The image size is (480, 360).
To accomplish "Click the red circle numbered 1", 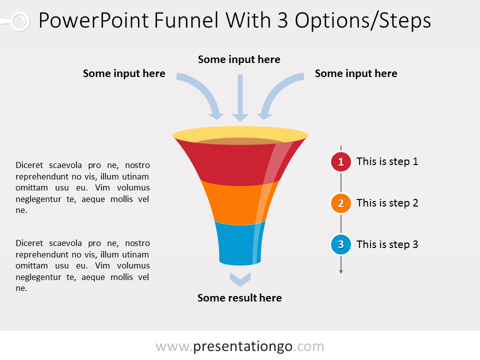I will coord(341,162).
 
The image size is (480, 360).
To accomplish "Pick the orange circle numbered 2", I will coord(341,203).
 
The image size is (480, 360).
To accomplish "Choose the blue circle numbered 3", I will coord(341,245).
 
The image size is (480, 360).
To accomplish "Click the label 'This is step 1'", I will coord(387,161).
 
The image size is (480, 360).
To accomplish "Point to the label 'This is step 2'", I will coord(387,203).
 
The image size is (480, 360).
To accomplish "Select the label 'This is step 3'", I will coord(387,244).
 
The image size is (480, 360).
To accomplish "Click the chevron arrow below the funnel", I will coord(240,279).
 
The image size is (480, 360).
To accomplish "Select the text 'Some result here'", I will coord(239,298).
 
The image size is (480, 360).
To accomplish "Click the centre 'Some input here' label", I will coord(239,60).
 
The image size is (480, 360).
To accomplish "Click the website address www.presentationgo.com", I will coord(239,346).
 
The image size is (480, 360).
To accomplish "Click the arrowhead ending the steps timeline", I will coord(341,271).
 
